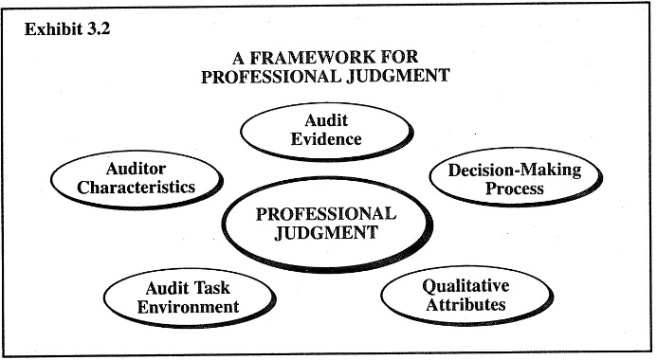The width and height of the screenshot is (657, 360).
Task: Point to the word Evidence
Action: coord(326,139)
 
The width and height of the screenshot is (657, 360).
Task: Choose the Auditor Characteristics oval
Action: coord(137,177)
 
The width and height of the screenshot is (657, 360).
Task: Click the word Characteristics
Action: coord(137,187)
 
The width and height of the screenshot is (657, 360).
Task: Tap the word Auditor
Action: coord(137,169)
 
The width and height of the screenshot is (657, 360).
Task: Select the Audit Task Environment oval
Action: coord(173,296)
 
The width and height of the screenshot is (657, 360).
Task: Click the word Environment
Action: coord(173,306)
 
